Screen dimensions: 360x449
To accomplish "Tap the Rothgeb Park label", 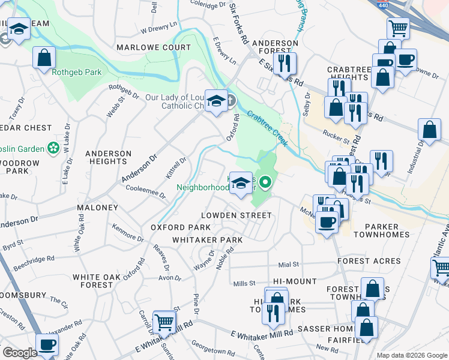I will click(x=76, y=73).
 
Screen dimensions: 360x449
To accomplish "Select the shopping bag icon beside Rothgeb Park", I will click(x=44, y=58).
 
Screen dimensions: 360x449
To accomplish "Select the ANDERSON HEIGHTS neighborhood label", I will click(x=108, y=158).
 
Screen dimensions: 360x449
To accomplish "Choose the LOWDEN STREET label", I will click(x=236, y=215).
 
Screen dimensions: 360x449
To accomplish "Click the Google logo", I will click(x=20, y=353).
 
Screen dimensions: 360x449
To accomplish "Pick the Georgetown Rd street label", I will click(x=212, y=350).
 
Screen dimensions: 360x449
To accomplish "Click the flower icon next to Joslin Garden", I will click(x=54, y=148).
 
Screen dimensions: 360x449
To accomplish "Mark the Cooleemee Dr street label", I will click(x=145, y=191).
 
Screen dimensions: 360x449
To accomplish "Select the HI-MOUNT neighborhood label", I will click(x=294, y=281).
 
